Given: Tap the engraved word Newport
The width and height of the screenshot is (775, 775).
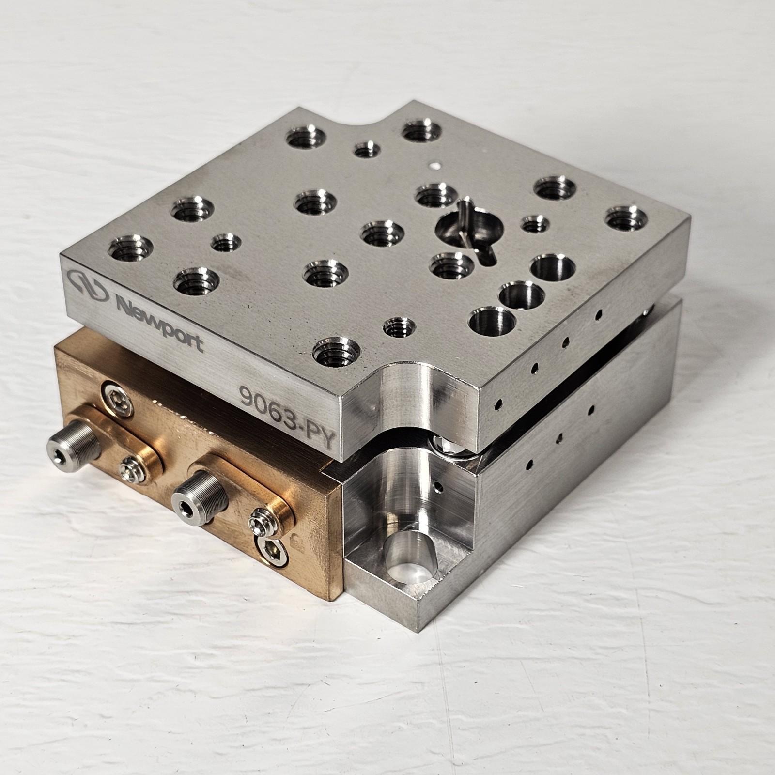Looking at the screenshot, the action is pyautogui.click(x=160, y=320).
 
